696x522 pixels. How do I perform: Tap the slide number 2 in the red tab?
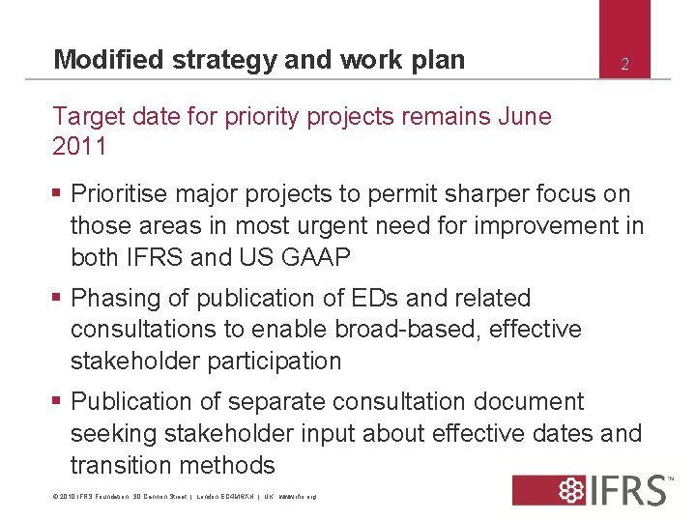(x=624, y=65)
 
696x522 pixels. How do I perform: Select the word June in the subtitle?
(x=524, y=117)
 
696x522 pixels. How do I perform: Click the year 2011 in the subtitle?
(x=79, y=147)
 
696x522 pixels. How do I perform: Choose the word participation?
(x=273, y=362)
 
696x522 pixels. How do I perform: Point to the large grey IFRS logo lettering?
(x=631, y=490)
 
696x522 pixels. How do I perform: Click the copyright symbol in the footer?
(x=56, y=497)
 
